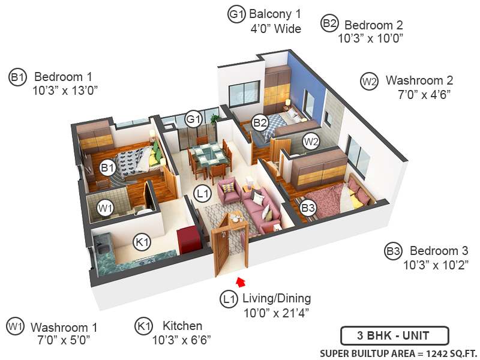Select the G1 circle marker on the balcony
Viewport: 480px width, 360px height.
point(193,119)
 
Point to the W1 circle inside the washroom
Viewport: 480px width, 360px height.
point(106,208)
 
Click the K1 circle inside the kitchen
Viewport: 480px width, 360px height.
point(142,242)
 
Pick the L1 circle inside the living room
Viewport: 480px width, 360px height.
point(202,194)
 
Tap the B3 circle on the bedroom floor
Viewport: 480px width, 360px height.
point(308,208)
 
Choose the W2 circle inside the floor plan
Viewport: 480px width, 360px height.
point(310,142)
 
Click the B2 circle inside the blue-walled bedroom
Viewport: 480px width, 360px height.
point(260,123)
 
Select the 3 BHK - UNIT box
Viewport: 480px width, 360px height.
point(393,335)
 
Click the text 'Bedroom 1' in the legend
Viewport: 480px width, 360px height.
point(63,77)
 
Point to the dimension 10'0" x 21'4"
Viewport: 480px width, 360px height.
point(276,312)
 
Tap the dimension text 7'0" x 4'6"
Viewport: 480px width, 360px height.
point(424,94)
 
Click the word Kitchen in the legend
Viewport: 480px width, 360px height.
point(182,326)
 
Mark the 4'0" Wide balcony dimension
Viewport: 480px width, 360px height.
point(275,28)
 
